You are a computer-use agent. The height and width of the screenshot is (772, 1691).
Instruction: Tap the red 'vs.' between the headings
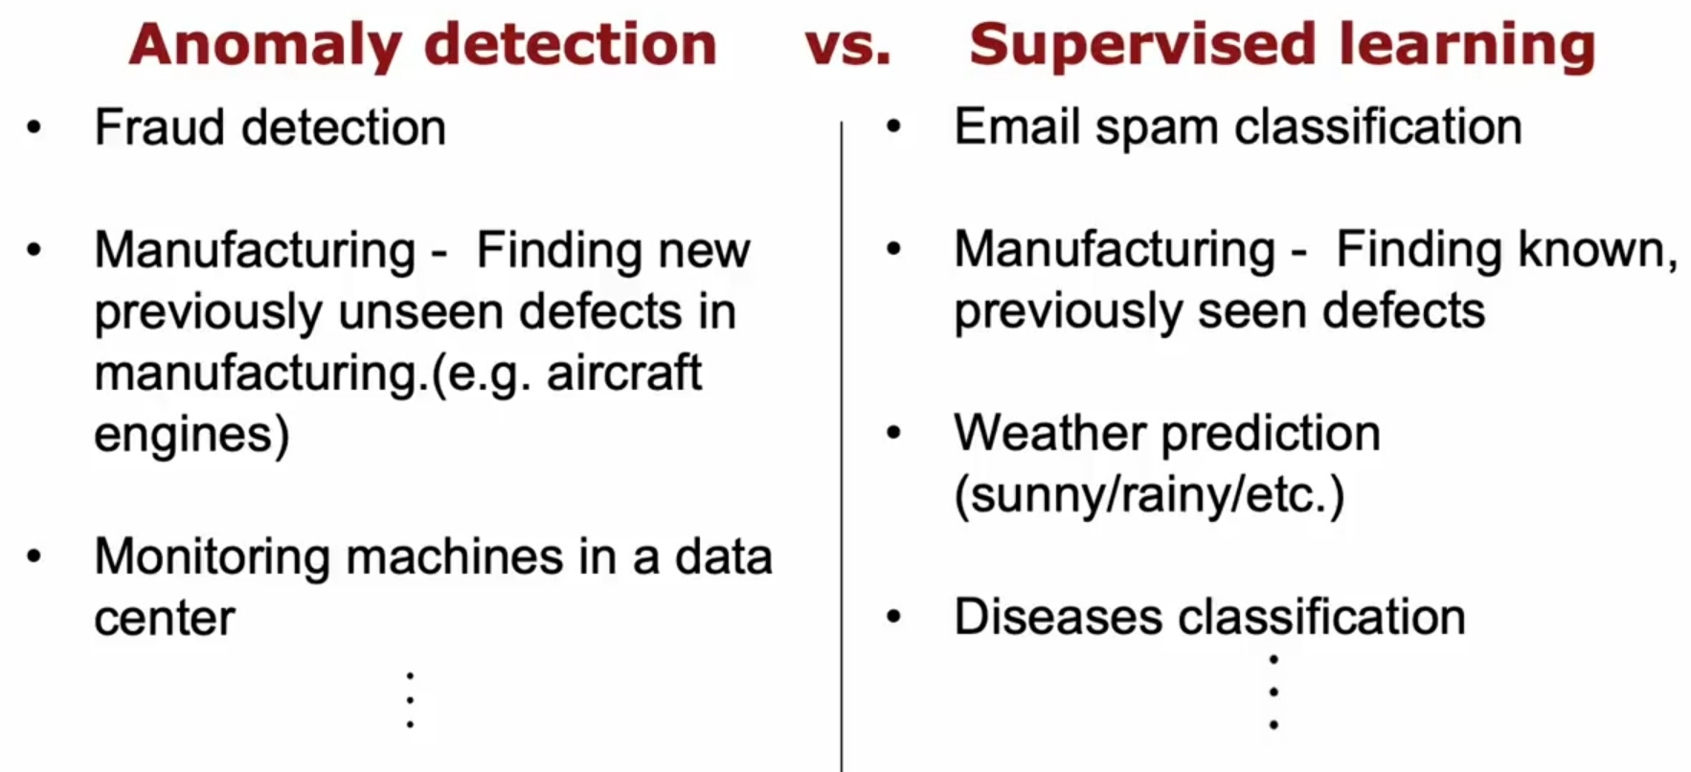847,46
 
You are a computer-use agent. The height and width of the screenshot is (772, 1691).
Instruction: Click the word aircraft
623,373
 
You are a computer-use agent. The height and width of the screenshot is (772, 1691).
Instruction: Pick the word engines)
192,436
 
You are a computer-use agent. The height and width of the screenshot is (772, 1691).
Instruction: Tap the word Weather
1051,434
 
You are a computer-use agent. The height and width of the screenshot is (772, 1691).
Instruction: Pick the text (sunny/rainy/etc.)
1149,496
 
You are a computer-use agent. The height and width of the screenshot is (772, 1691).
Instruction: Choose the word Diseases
1058,617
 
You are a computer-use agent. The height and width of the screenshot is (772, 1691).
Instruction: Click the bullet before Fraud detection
34,126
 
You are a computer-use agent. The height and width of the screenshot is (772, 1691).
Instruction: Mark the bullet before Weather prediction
893,433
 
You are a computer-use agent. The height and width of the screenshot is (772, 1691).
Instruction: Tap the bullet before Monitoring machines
34,556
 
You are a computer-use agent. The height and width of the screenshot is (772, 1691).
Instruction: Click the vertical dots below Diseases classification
1274,692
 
